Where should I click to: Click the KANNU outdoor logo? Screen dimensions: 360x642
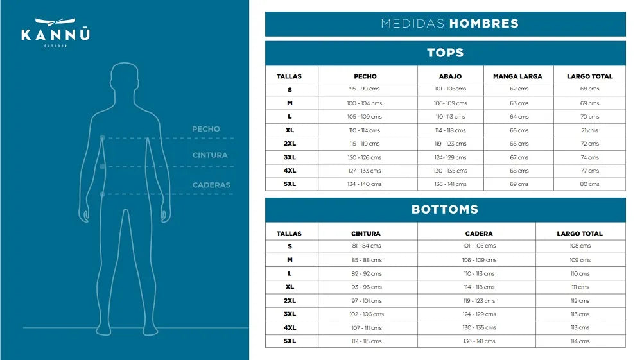(x=55, y=32)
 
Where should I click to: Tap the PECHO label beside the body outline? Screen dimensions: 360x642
(x=205, y=129)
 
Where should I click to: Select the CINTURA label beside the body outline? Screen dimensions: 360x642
(x=209, y=155)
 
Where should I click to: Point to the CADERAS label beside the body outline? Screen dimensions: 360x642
(x=211, y=185)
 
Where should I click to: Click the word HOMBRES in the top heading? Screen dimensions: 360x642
(x=483, y=24)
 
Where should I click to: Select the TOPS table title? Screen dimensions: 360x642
(x=445, y=53)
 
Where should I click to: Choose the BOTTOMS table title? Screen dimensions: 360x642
(x=445, y=210)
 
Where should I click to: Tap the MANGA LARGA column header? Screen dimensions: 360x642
(x=517, y=76)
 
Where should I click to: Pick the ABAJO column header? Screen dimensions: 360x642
(x=450, y=76)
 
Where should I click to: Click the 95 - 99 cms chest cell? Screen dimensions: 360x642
(x=365, y=89)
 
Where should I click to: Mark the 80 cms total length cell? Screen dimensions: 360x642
(x=589, y=184)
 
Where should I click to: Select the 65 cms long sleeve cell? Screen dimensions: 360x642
(x=519, y=130)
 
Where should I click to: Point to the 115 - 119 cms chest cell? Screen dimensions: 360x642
(x=365, y=144)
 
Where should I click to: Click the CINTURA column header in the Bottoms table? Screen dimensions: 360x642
(x=366, y=234)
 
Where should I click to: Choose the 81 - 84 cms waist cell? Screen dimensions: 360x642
(x=366, y=246)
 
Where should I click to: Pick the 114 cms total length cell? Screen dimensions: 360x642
(x=580, y=341)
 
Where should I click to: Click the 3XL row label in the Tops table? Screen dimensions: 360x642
(x=290, y=157)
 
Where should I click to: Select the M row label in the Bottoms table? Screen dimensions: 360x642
(x=290, y=260)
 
